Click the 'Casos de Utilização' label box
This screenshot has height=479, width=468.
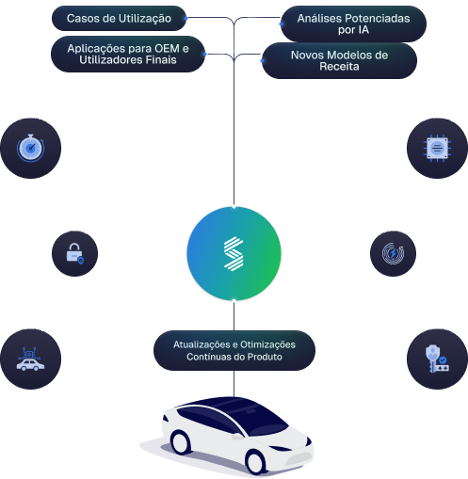[119, 18]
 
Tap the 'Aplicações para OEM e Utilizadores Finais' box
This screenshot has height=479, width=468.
[128, 54]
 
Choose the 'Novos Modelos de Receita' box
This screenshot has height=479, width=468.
[339, 61]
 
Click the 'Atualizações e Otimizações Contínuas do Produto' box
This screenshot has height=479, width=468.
[234, 350]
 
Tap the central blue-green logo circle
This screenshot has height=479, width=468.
[234, 253]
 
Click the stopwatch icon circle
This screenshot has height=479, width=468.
[30, 149]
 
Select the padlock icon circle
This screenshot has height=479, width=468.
[74, 253]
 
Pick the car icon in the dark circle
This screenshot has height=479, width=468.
[30, 359]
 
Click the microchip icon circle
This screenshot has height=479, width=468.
[438, 149]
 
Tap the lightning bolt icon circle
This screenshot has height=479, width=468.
[393, 253]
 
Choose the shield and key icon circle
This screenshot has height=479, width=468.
[438, 359]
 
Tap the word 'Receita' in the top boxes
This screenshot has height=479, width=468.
[339, 68]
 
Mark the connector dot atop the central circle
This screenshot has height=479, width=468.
[234, 204]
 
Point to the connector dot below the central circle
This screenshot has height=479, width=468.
[234, 302]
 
